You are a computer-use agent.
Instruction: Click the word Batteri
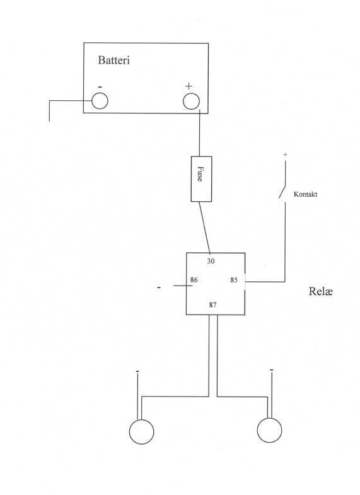coord(114,60)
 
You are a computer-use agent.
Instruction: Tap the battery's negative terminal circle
coord(100,101)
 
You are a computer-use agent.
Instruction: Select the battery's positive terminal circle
coord(191,102)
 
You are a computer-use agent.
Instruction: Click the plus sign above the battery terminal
coord(189,86)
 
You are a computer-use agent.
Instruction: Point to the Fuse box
coord(201,178)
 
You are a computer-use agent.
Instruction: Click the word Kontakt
coord(305,194)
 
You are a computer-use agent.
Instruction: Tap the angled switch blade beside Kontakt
coord(282,191)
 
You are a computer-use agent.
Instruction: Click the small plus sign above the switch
coord(285,154)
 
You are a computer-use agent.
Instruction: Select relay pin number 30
coord(211,261)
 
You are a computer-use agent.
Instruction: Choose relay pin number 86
coord(194,280)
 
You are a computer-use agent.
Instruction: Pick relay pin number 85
coord(234,280)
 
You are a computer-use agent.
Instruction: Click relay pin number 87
coord(212,305)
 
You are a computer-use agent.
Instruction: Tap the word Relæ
coord(320,291)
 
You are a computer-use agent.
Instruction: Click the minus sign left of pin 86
coord(159,288)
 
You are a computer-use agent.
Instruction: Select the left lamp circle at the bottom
coord(142,431)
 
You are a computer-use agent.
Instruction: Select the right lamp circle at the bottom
coord(269,430)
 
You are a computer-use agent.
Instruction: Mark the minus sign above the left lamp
coord(137,371)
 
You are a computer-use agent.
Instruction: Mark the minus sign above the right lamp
coord(272,370)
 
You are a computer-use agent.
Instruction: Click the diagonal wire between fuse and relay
coord(204,227)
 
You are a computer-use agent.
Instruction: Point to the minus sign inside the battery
coord(100,87)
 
